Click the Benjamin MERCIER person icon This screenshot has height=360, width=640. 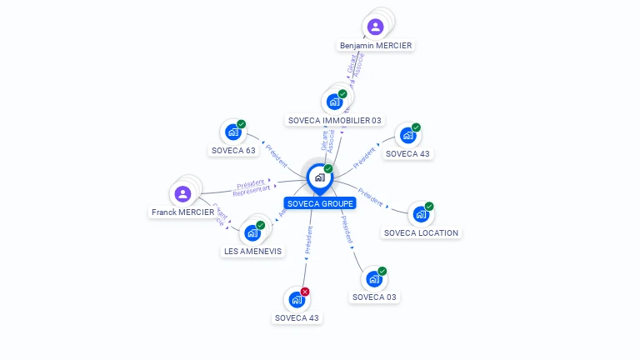point(375,27)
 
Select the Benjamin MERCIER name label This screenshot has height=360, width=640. point(376,45)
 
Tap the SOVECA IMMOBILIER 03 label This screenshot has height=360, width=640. point(334,120)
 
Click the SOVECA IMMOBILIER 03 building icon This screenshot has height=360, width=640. point(334,102)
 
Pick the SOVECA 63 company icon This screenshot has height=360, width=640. point(232,132)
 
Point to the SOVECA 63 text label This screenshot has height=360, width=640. point(233,151)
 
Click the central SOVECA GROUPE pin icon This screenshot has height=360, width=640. point(319,177)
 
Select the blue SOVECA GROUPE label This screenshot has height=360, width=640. point(320,203)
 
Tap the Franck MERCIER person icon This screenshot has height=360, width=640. point(182,194)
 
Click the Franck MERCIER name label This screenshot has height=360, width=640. point(183,212)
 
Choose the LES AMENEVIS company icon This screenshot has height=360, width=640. point(252,232)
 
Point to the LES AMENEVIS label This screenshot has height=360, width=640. point(253,251)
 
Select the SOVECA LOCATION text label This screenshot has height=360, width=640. point(421,232)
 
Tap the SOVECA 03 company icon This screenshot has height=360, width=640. point(373,278)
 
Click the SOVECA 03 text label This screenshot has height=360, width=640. point(374,297)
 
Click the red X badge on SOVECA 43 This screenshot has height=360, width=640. point(305,292)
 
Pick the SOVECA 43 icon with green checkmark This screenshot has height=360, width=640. point(407,135)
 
